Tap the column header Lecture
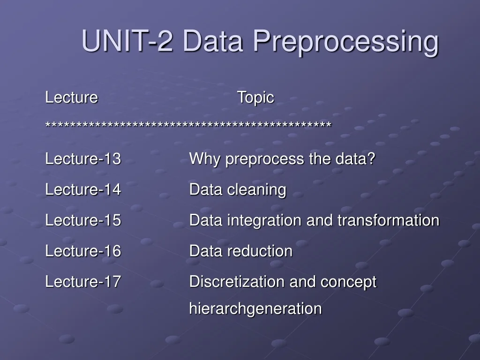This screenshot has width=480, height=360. (x=71, y=98)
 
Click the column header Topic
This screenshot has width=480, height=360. (x=255, y=98)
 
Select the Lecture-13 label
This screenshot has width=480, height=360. (x=83, y=159)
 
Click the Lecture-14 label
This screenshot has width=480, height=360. (x=83, y=190)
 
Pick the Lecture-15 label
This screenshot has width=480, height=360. (x=83, y=220)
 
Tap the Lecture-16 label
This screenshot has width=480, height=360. (x=83, y=251)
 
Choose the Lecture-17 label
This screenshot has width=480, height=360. (x=83, y=282)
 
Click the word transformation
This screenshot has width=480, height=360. (x=388, y=220)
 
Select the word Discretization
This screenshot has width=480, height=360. (x=237, y=282)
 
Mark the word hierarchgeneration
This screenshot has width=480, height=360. (x=255, y=309)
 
